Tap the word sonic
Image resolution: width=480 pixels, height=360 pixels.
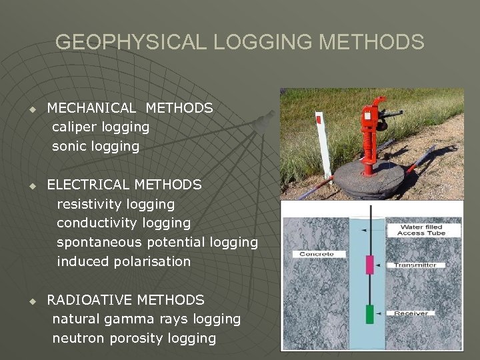69,146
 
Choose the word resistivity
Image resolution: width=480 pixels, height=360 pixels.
89,204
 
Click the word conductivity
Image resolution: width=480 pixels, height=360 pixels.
96,223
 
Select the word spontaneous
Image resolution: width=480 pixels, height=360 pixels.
98,242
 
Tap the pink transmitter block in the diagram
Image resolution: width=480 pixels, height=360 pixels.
369,264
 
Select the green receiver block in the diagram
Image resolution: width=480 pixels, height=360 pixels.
369,313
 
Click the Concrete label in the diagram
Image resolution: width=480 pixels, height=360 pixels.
316,254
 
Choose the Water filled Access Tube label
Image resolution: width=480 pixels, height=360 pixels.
421,230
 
